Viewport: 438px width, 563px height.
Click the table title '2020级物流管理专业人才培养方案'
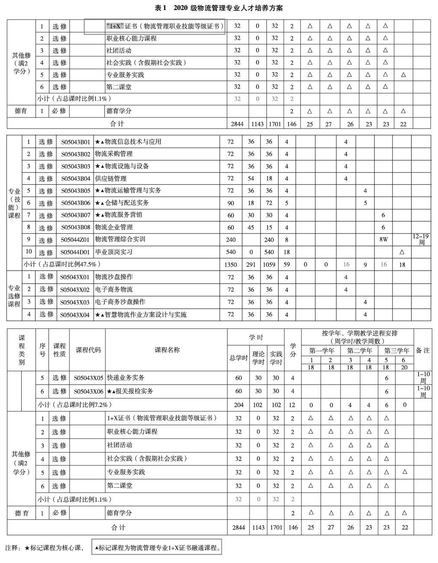[x=218, y=8]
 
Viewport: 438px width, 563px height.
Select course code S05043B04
[x=75, y=179]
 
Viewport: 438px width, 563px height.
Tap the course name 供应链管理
[x=111, y=179]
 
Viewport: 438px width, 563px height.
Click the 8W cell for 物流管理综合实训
[x=383, y=239]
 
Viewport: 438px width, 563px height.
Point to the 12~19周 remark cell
[x=421, y=239]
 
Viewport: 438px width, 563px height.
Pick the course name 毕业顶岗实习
[x=114, y=252]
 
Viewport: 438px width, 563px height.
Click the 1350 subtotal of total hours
[x=230, y=264]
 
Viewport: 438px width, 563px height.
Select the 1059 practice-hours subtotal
[x=269, y=264]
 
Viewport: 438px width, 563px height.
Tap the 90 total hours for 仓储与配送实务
[x=230, y=203]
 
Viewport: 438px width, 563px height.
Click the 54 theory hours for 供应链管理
[x=251, y=179]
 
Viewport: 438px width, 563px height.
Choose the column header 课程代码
[x=88, y=350]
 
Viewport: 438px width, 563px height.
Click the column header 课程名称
[x=167, y=350]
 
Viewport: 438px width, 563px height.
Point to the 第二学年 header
[x=360, y=351]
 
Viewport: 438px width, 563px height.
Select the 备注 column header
[x=422, y=350]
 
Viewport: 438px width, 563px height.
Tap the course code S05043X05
[x=88, y=378]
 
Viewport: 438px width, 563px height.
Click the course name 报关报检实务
[x=130, y=391]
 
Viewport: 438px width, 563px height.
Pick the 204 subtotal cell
[x=238, y=405]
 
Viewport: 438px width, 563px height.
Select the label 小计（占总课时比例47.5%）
[x=62, y=264]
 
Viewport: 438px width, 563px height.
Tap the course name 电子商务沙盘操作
[x=120, y=302]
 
